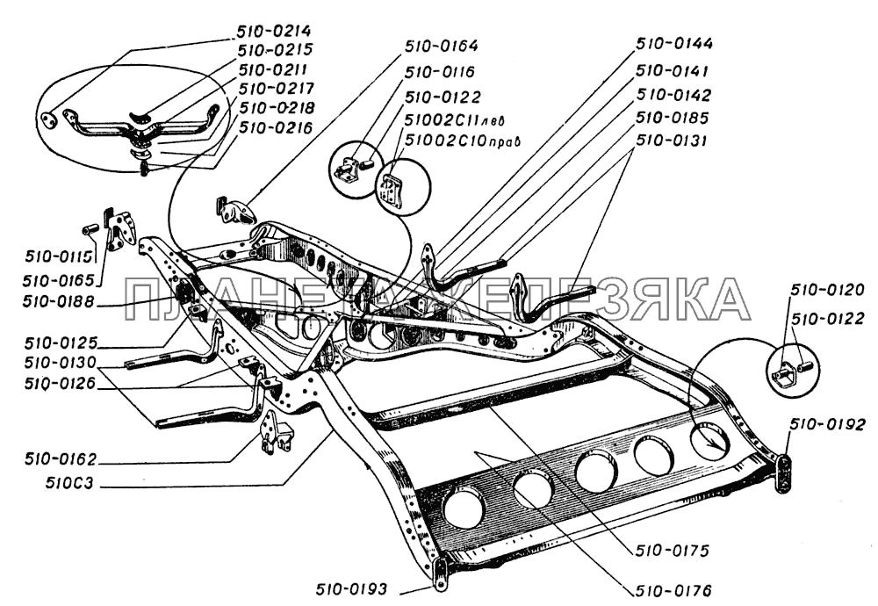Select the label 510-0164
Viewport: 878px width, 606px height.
(442, 45)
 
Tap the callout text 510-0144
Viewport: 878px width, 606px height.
(674, 43)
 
